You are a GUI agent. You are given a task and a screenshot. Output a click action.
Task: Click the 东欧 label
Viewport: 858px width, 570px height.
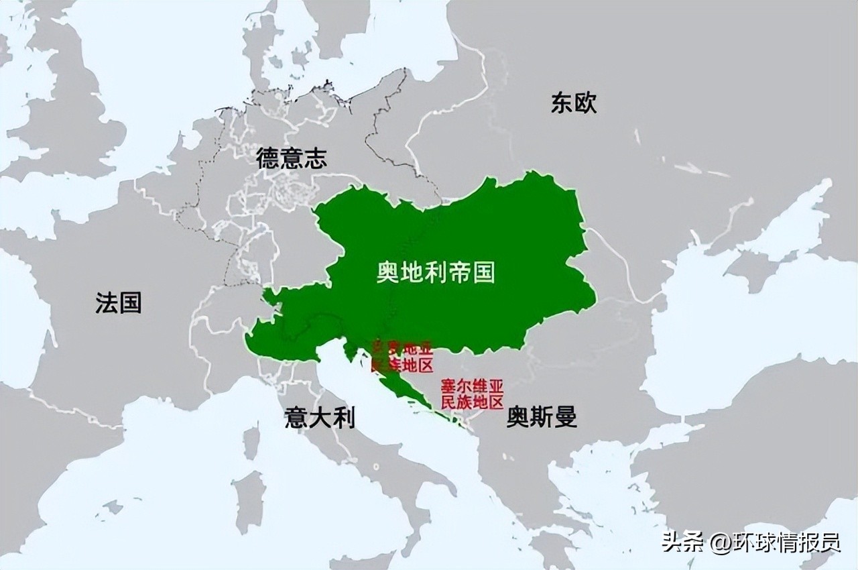[574, 103]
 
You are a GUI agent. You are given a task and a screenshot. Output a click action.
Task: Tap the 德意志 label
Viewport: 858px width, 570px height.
[291, 158]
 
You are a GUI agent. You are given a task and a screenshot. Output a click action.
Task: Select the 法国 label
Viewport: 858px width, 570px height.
[118, 302]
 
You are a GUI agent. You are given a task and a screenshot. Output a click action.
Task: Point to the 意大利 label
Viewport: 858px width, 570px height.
[319, 418]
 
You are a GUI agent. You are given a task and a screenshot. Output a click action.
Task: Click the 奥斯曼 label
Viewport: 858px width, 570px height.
[542, 418]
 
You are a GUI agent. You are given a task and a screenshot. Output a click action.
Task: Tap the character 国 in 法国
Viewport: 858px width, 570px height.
[130, 302]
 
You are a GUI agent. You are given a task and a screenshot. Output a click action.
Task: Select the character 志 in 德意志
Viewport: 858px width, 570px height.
[315, 158]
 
